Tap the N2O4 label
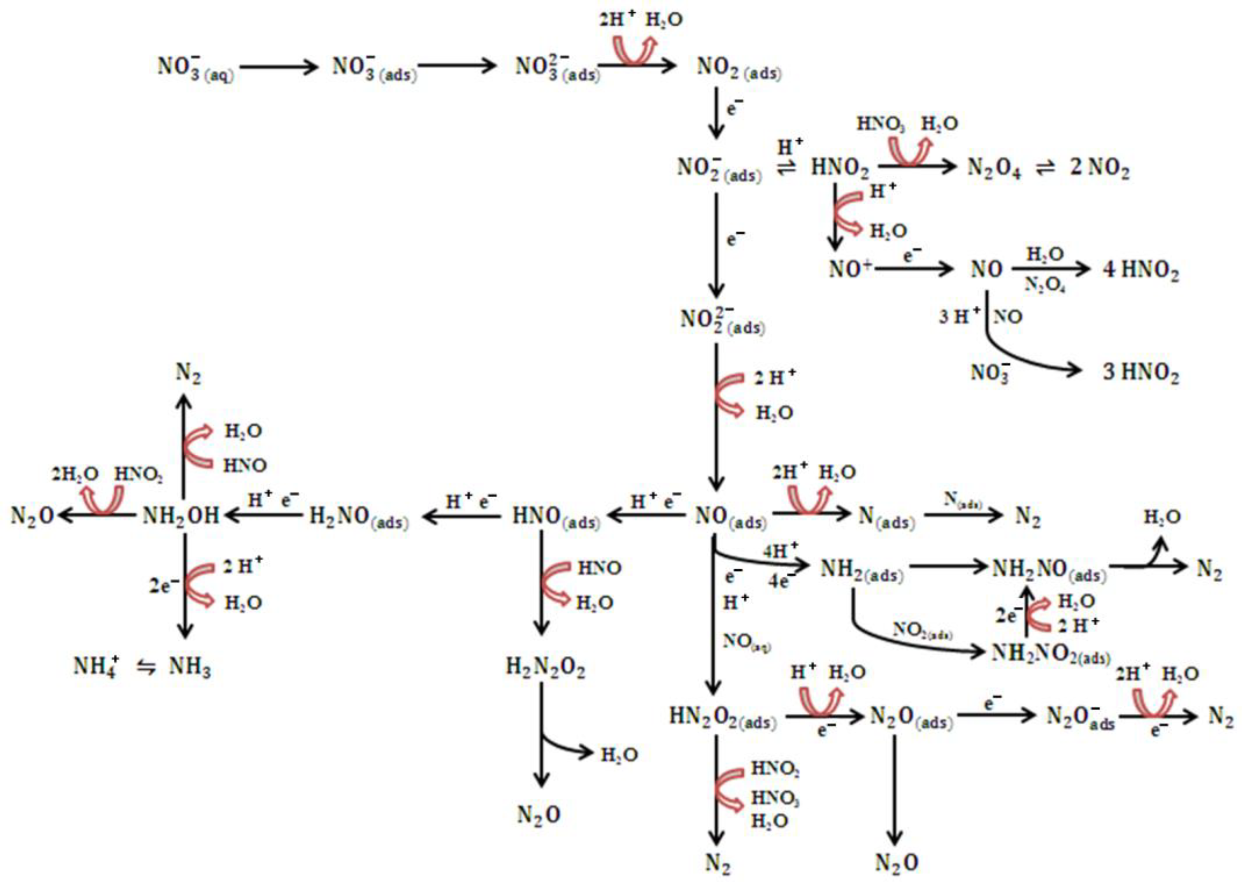coord(993,168)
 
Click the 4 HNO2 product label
coord(1141,270)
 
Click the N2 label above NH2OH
coord(188,374)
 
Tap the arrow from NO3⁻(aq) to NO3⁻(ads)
coord(278,67)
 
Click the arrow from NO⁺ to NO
coord(914,269)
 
